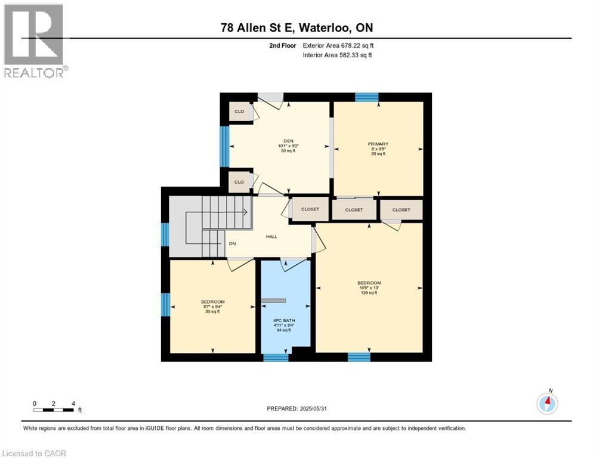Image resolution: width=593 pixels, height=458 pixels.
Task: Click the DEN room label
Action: [288, 141]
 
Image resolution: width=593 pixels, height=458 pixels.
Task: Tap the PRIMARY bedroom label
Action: [378, 144]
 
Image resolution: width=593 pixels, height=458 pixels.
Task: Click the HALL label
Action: [271, 236]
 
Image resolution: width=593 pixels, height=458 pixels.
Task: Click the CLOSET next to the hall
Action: [310, 209]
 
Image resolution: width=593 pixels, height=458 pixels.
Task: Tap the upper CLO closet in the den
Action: [239, 112]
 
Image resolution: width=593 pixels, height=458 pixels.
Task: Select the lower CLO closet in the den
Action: [239, 182]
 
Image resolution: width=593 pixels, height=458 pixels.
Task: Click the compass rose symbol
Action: [547, 403]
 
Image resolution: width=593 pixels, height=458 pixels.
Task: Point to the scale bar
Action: [54, 410]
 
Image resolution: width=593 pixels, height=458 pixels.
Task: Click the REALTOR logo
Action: [35, 41]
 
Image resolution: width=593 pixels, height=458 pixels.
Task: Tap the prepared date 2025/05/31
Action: [298, 409]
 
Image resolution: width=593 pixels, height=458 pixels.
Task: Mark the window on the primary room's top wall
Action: [366, 97]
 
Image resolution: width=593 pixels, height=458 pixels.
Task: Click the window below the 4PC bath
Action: [276, 357]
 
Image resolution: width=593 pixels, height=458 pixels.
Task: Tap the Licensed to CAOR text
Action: [33, 453]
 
